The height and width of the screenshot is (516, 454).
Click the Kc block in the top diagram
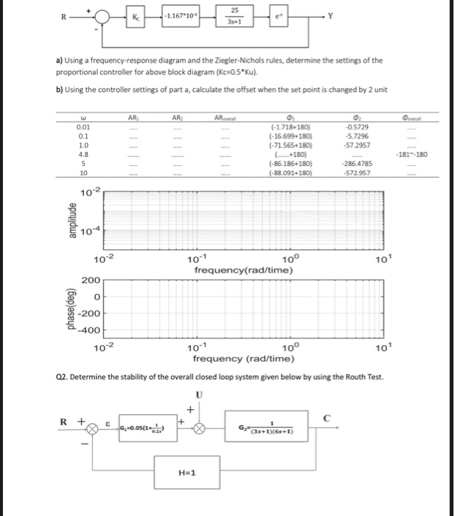136,15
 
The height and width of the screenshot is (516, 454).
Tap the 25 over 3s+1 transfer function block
234,15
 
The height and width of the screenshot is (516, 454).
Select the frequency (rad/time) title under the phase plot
244,359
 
